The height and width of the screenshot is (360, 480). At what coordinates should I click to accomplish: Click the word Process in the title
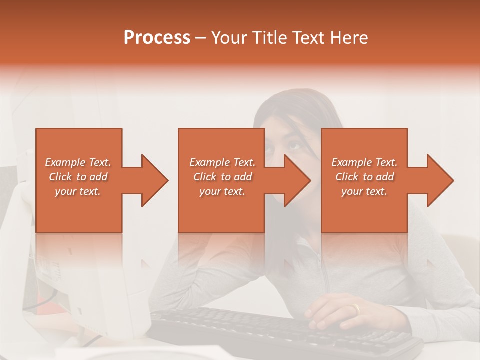(x=157, y=38)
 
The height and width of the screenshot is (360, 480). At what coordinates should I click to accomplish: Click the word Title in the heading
(x=270, y=38)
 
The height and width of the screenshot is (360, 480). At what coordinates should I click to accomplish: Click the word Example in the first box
(x=65, y=162)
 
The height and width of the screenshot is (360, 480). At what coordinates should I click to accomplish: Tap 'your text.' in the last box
(x=364, y=191)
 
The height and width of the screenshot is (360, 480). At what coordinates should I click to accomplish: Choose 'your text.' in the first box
(x=78, y=191)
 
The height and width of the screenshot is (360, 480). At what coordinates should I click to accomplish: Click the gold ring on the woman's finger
(x=355, y=309)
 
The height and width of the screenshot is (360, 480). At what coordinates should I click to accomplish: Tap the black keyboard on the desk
(x=280, y=332)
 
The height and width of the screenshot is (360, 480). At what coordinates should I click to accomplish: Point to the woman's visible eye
(x=294, y=147)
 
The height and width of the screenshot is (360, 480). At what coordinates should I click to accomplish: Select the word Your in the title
(x=230, y=38)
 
